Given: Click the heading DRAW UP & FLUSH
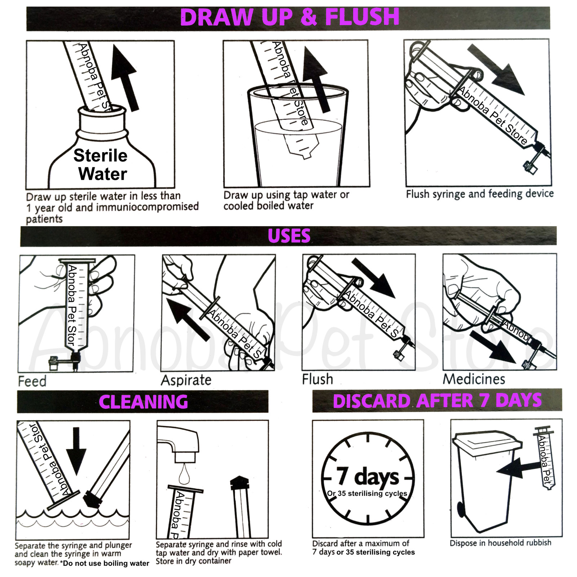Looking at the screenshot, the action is (x=290, y=17).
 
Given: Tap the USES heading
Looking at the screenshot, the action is (x=289, y=236).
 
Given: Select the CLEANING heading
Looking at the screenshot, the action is (x=143, y=402).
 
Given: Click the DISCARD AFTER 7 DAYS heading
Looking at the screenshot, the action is (x=437, y=401).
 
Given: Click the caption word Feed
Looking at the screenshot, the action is (x=32, y=381).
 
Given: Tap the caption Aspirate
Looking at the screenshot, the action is (x=186, y=380).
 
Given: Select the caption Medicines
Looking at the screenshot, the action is (x=474, y=379).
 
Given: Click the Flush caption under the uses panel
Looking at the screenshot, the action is (x=317, y=379).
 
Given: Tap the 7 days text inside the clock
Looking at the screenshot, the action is (x=368, y=477).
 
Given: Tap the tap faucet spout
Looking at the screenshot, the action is (x=180, y=442).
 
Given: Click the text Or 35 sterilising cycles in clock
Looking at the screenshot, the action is (x=367, y=493).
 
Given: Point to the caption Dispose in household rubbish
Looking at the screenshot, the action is (x=500, y=543).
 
